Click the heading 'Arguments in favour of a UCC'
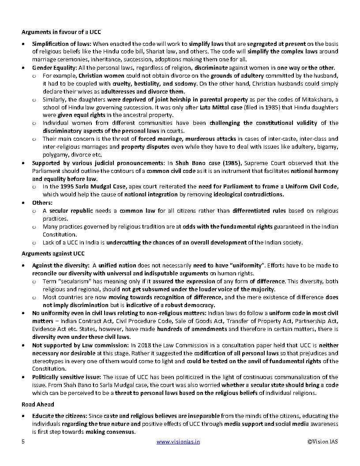coord(61,32)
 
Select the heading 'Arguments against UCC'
coord(53,254)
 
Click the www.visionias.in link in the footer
coord(178,441)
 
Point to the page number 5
coord(23,441)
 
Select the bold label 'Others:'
coord(42,203)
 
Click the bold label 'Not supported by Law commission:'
coord(80,345)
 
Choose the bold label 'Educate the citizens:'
coord(60,416)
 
